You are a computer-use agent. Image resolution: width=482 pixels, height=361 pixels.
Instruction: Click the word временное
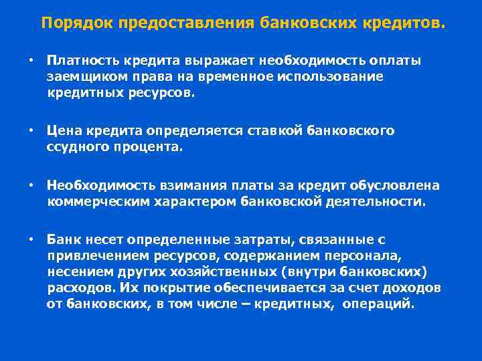[236, 77]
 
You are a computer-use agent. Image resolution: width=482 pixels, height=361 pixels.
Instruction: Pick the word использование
[334, 77]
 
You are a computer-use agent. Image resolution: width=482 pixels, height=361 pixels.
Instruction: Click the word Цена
[64, 131]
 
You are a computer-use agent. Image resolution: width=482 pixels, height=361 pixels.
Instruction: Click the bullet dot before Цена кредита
[31, 131]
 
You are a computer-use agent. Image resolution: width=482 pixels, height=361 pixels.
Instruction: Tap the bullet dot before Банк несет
[31, 239]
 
